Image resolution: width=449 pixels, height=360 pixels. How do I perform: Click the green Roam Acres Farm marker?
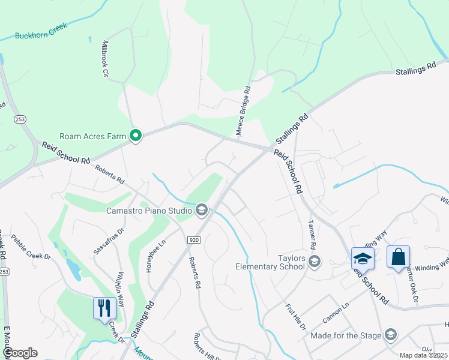pyautogui.click(x=136, y=136)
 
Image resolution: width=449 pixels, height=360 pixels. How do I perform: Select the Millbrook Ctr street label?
pyautogui.click(x=105, y=59)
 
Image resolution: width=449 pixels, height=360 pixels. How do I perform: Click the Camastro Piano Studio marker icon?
pyautogui.click(x=202, y=209)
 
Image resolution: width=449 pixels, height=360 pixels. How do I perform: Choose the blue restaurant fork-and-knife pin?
pyautogui.click(x=104, y=308)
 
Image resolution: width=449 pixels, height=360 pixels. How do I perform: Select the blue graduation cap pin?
pyautogui.click(x=363, y=259)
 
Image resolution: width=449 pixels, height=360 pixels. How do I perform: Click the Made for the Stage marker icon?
pyautogui.click(x=390, y=334)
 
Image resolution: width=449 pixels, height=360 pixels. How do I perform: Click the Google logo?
pyautogui.click(x=19, y=352)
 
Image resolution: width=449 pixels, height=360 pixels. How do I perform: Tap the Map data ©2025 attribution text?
pyautogui.click(x=423, y=355)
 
